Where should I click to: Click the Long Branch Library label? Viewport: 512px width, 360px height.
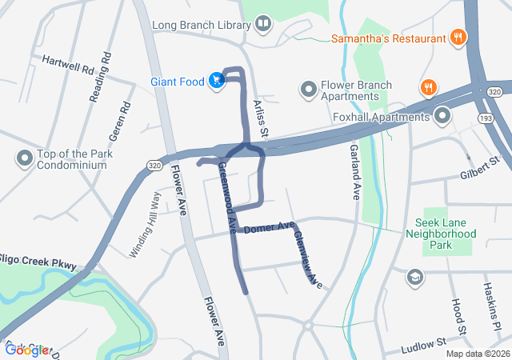click(x=201, y=26)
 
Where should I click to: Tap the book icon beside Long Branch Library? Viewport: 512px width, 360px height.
click(x=263, y=26)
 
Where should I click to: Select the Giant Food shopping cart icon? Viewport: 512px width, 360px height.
click(x=216, y=79)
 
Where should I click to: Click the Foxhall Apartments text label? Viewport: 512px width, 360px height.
click(x=382, y=118)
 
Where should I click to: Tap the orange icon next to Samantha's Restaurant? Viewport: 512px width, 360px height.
click(x=458, y=37)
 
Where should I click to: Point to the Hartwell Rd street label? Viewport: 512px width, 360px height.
click(x=68, y=65)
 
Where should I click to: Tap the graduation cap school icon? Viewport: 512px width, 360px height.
click(x=414, y=277)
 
